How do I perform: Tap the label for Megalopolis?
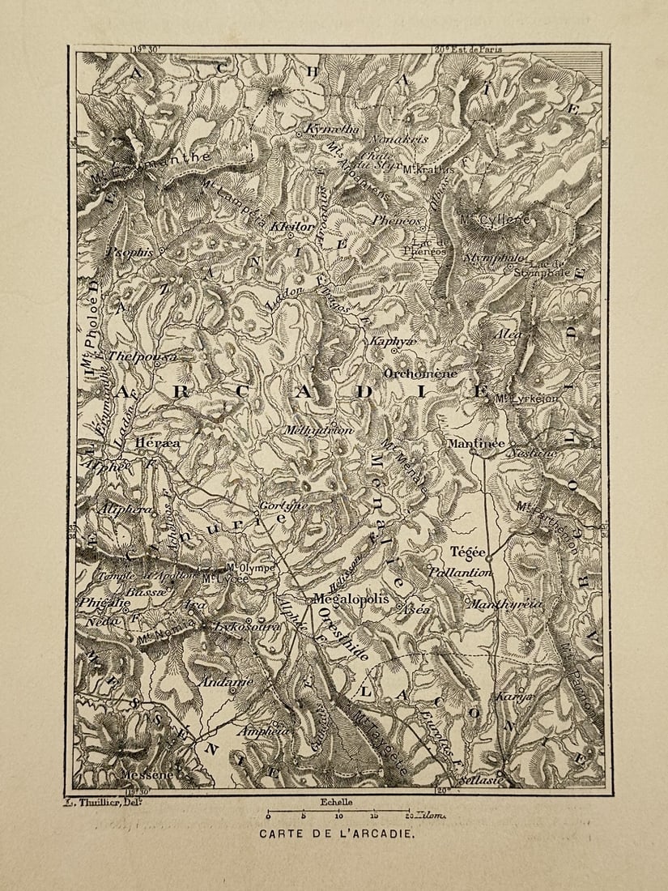point(344,600)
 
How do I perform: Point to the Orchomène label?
point(420,374)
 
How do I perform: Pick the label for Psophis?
point(129,253)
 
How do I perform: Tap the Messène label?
point(147,774)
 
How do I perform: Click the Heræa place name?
point(158,443)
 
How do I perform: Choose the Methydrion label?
point(318,431)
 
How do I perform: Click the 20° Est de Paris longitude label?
point(468,49)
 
